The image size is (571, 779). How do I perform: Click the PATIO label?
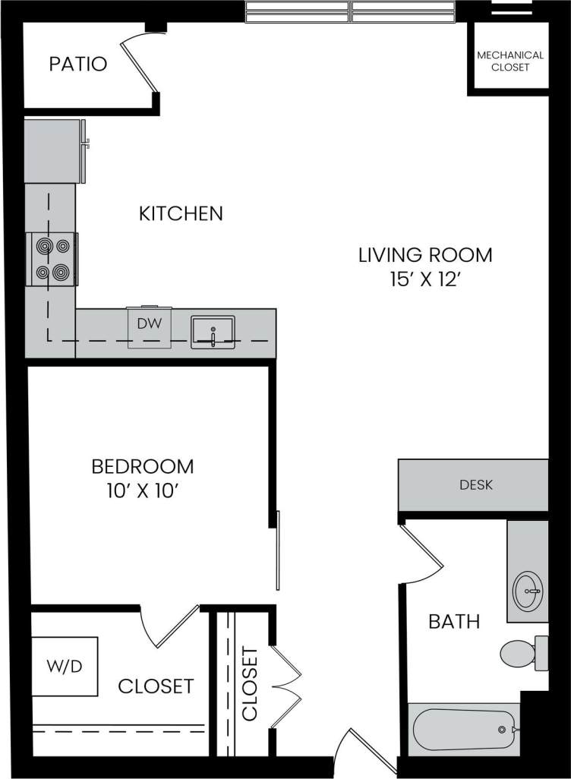click(78, 64)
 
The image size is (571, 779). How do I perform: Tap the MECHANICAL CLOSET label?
click(509, 61)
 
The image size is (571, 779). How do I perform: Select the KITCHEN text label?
click(181, 214)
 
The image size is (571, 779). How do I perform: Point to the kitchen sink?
click(213, 331)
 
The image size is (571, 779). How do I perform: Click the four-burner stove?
click(52, 258)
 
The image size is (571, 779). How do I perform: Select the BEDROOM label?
click(142, 466)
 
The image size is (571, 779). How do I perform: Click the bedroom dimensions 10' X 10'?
click(142, 491)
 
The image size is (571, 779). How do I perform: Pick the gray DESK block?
click(474, 485)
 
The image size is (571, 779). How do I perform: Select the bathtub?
click(463, 730)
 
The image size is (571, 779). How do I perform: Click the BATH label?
click(454, 622)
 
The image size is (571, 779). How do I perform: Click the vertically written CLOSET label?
click(250, 683)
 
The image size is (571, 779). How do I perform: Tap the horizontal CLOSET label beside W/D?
click(156, 686)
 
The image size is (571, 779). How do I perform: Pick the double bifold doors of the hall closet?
click(288, 687)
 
